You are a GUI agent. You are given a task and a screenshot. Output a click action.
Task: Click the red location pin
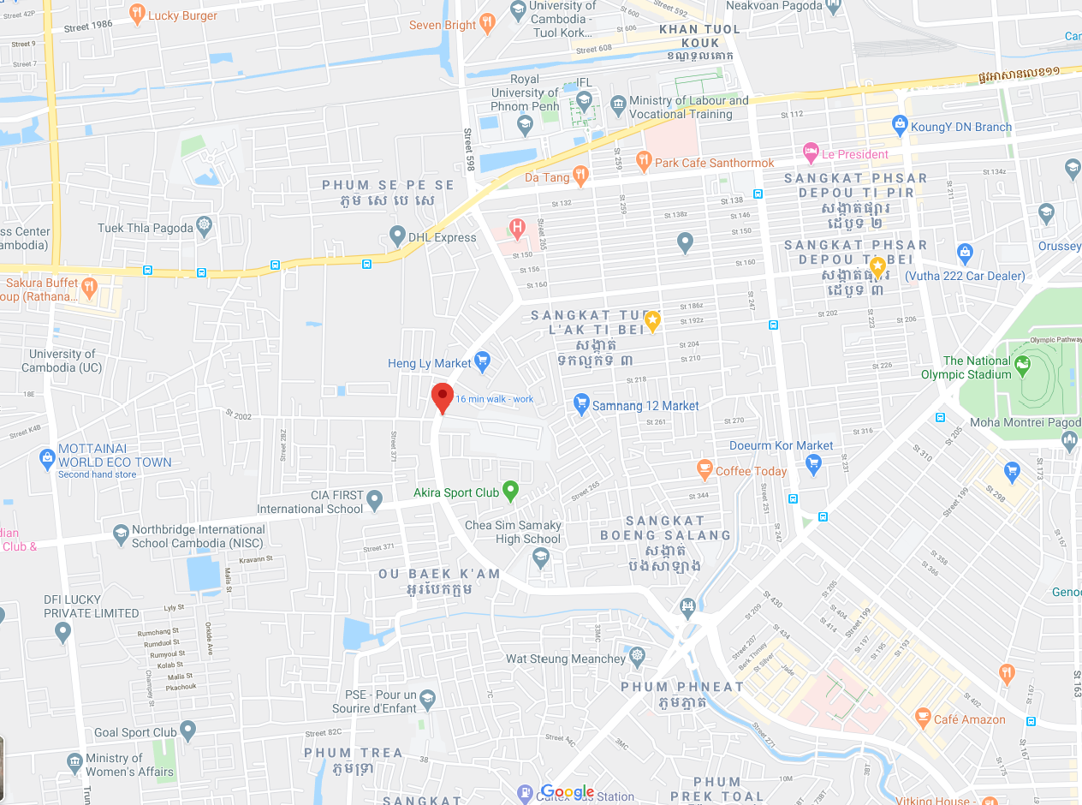coord(442,397)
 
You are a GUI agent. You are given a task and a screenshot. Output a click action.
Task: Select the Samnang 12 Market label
coord(645,406)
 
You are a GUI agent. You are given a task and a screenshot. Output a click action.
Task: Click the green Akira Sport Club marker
coord(511,491)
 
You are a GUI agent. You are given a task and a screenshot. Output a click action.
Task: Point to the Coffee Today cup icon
coord(704,468)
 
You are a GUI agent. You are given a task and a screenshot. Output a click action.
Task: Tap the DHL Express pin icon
coord(397,235)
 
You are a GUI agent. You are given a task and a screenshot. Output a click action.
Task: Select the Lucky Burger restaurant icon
coord(137,14)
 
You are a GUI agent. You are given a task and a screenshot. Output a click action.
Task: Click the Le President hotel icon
coord(811,153)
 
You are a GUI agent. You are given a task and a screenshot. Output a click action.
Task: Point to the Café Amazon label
coord(969,719)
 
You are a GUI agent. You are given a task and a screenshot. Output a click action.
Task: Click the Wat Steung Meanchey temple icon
coord(637,658)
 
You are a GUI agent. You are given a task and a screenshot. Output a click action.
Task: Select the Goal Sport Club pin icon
coord(188,730)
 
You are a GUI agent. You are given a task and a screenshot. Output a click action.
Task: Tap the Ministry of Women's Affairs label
coord(129,765)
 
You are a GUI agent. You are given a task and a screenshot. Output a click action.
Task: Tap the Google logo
coord(568,792)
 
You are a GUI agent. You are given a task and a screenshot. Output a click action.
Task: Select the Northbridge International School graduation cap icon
coord(121,534)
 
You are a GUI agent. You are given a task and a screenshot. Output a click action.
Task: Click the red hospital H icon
coord(517,228)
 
